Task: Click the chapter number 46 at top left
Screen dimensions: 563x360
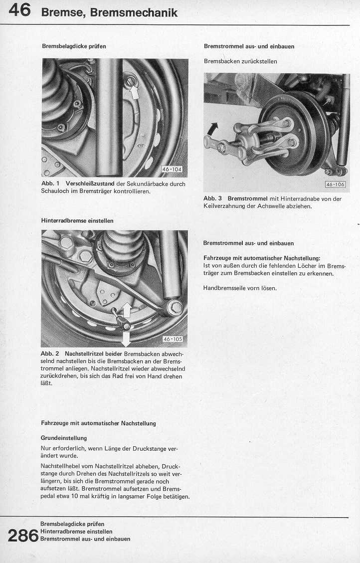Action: tap(20, 10)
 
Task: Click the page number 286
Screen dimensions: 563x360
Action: tap(23, 536)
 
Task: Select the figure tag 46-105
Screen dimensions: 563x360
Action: tap(173, 340)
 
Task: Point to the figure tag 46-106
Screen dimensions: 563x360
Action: tap(335, 185)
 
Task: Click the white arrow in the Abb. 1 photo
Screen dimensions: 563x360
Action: tap(134, 91)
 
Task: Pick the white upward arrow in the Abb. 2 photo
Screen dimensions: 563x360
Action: tap(126, 310)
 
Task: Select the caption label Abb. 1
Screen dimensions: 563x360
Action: tap(50, 184)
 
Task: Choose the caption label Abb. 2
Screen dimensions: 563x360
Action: tap(50, 354)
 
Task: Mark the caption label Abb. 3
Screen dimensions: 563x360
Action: tap(212, 198)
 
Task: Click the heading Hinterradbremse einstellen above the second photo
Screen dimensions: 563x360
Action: tap(77, 220)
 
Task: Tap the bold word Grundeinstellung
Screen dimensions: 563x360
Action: tap(64, 438)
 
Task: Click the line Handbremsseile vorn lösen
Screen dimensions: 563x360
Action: tap(240, 288)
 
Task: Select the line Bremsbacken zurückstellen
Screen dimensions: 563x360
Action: tap(240, 61)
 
